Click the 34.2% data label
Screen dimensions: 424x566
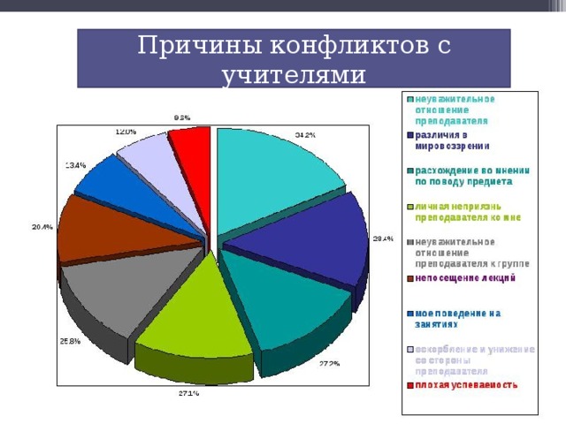click(305, 135)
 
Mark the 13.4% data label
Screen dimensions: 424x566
click(75, 164)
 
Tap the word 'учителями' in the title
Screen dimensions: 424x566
click(293, 74)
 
